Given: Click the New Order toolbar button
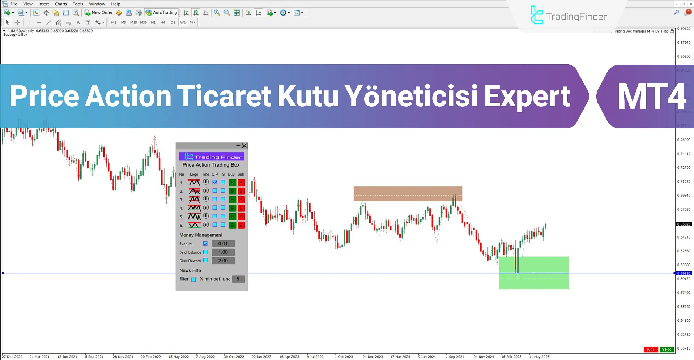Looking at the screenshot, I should (99, 13).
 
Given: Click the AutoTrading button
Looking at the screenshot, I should (161, 13).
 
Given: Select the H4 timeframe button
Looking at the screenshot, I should (163, 22).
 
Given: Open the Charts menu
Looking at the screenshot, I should (61, 4).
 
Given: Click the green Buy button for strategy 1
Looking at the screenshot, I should (232, 183).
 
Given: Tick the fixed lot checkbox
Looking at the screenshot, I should (205, 244).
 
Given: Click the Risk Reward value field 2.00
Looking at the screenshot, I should (223, 261).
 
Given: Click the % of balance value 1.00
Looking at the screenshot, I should (223, 252).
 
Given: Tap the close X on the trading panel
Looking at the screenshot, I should (244, 146).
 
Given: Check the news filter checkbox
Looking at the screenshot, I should (193, 279).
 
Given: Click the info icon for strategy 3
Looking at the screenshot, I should (206, 199).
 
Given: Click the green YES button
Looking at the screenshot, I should (666, 350).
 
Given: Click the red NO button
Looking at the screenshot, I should (650, 350).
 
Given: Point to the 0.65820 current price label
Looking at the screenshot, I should (684, 224).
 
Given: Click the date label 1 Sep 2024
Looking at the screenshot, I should (455, 357).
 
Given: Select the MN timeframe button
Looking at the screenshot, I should (192, 22).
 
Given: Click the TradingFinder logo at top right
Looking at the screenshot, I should (569, 16).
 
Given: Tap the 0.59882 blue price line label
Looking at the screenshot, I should (684, 273).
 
